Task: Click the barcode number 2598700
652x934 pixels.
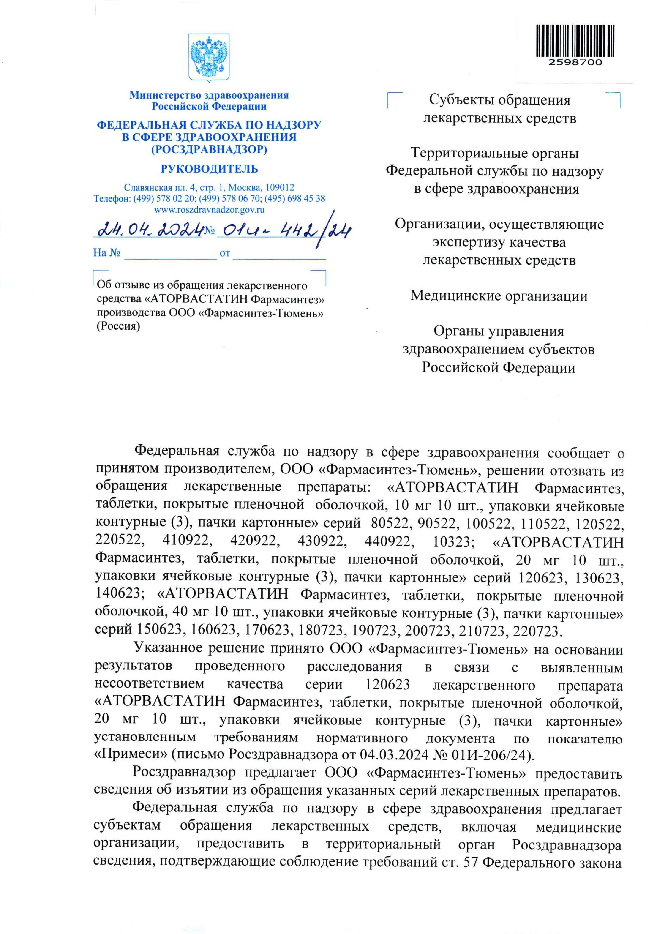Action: (575, 63)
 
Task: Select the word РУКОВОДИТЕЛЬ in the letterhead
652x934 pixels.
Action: (209, 169)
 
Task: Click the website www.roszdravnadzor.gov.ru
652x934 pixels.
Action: (209, 210)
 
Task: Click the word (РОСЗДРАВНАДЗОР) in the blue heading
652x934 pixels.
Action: (209, 150)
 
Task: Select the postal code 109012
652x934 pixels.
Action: (280, 188)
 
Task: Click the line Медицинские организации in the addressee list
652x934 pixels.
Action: (499, 295)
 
